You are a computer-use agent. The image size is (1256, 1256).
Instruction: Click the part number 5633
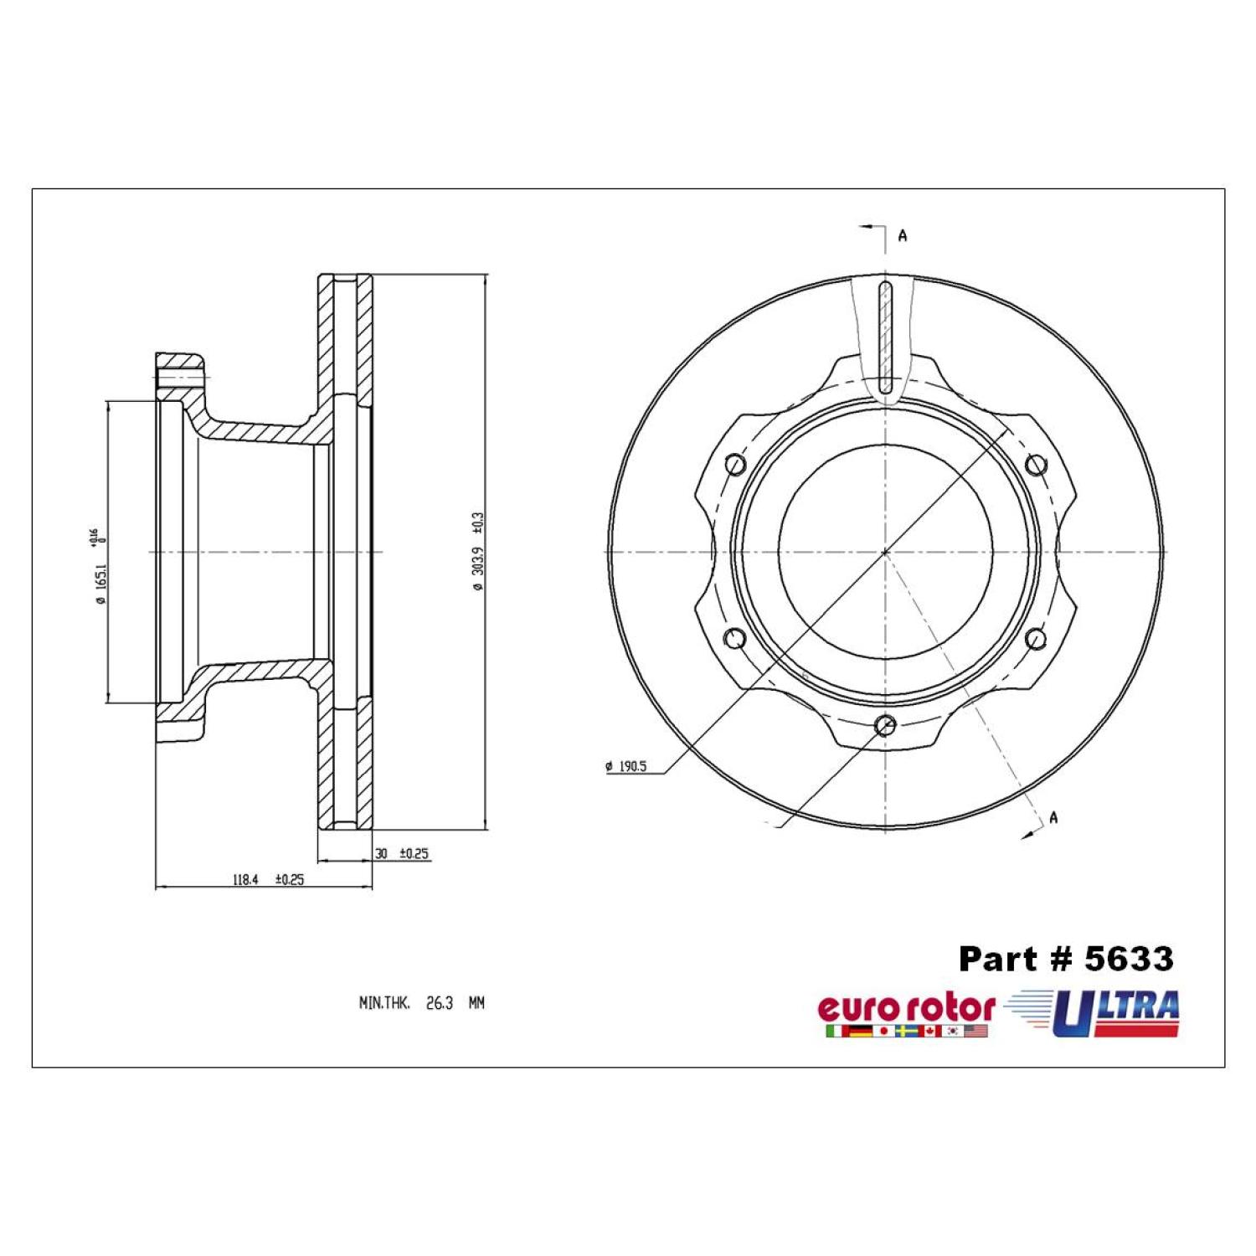pyautogui.click(x=1129, y=959)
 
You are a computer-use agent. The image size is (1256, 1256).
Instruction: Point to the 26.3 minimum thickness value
pyautogui.click(x=440, y=1002)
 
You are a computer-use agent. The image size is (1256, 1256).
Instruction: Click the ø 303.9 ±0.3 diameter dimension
pyautogui.click(x=478, y=552)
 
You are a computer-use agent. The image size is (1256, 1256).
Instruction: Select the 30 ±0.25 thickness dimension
pyautogui.click(x=402, y=854)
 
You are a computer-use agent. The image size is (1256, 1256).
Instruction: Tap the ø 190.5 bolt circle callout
pyautogui.click(x=625, y=766)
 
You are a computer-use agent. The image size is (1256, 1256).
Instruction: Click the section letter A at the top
pyautogui.click(x=903, y=236)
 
